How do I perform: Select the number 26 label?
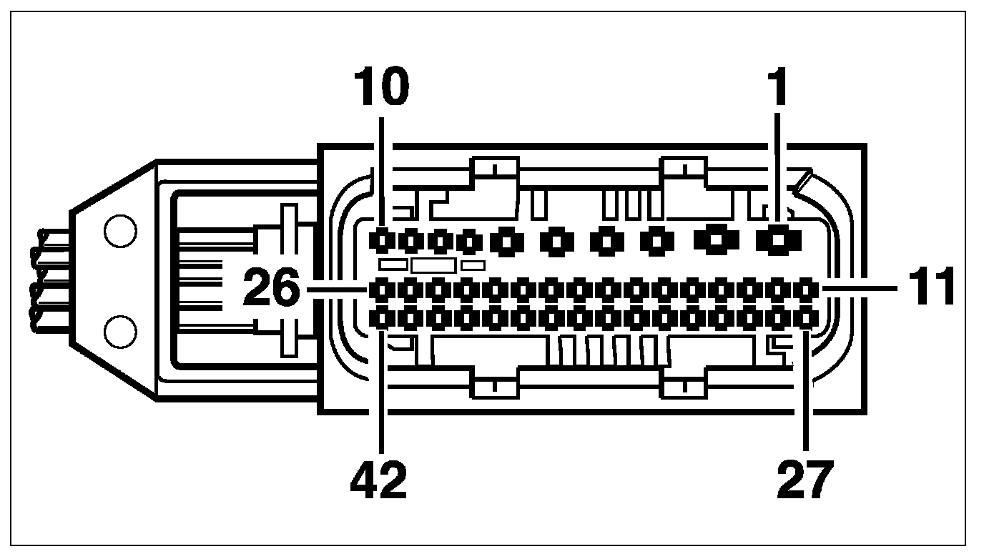point(272,288)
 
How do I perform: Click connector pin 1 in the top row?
point(777,241)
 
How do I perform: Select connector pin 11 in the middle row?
point(806,289)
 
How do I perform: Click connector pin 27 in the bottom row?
point(806,317)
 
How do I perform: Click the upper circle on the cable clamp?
point(119,232)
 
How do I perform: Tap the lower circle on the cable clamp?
point(119,331)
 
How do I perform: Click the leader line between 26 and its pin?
point(336,289)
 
